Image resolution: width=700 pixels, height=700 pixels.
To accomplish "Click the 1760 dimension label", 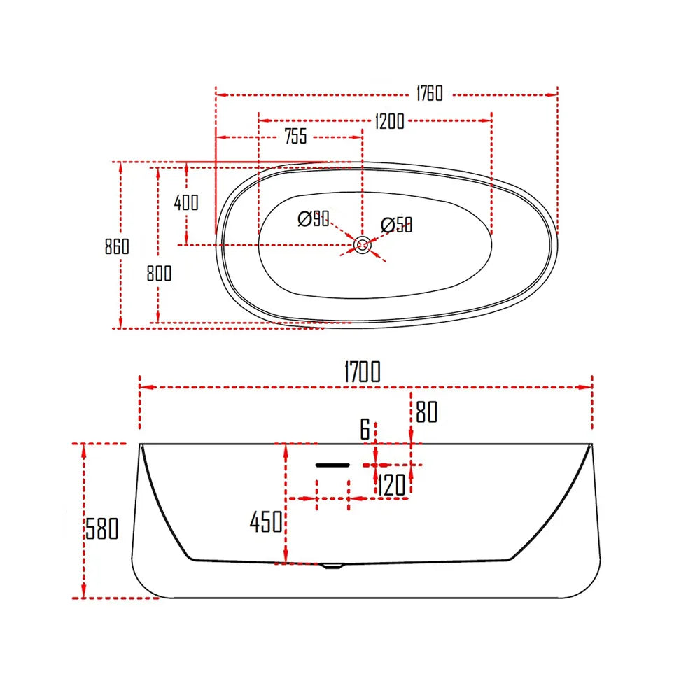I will pos(429,93).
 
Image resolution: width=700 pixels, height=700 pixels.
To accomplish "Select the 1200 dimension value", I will pos(389,121).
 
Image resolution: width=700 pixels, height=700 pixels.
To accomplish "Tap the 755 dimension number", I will pos(295,136).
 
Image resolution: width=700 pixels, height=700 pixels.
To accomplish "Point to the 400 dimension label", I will pos(186,203).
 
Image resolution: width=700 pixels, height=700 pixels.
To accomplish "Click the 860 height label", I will pos(117,246).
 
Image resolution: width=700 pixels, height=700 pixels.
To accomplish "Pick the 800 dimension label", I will pos(159,274).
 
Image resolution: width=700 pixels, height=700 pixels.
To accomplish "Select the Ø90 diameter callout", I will pos(314,219).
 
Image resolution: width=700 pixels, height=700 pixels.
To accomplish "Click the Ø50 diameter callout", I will pos(396,225).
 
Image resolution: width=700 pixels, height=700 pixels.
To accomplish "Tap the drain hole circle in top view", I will pos(363,245).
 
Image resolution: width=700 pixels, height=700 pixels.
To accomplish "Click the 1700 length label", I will pos(362,372).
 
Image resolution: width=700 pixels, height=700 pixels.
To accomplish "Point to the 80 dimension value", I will pos(426,413).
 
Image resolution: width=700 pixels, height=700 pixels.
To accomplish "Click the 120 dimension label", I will pos(392,485).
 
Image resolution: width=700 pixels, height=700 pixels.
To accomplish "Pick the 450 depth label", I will pos(266,521).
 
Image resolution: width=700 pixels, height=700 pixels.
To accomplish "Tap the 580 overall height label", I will pos(102,528).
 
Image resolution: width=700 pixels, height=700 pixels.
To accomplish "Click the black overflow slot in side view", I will pos(332,464).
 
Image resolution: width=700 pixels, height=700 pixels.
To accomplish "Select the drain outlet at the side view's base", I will pos(333,566).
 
